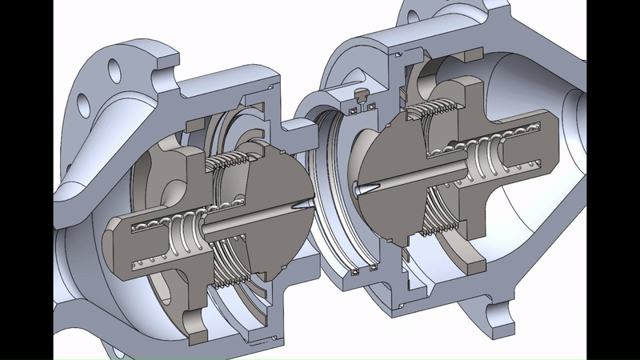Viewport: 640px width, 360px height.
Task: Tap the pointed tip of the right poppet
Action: click(x=355, y=190)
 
